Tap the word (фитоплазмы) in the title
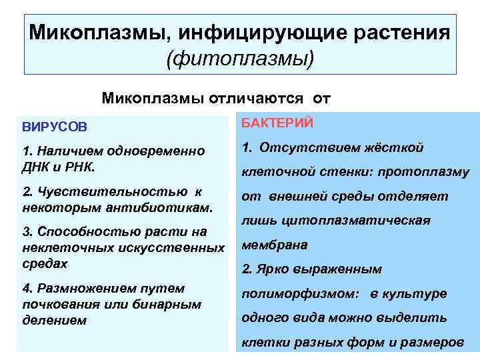(x=240, y=59)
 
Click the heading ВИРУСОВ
(x=54, y=126)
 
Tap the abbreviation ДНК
(x=37, y=163)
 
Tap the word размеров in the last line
(x=431, y=342)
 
